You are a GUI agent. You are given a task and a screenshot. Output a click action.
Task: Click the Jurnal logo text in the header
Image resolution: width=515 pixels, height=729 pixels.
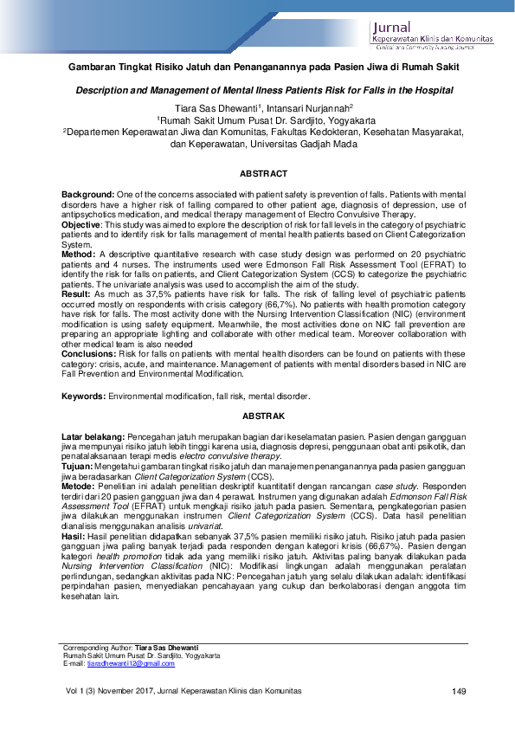(392, 27)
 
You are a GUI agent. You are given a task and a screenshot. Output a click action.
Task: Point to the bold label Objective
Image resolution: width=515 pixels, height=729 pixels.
(82, 223)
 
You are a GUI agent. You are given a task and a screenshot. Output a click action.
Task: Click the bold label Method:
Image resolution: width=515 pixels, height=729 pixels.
(80, 255)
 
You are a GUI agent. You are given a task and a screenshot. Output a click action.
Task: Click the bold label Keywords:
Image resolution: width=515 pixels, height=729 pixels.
(84, 395)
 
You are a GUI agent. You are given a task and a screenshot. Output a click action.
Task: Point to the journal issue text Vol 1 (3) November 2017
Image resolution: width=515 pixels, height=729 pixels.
(100, 691)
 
